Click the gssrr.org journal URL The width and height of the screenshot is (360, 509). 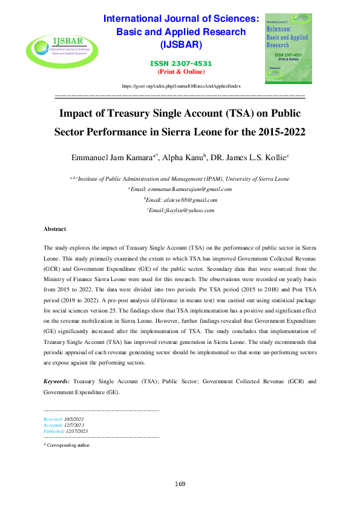click(182, 87)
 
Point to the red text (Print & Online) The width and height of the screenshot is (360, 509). click(181, 71)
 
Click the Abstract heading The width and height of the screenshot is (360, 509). click(54, 229)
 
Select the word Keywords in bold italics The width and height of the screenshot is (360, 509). click(56, 383)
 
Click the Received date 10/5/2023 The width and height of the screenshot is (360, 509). click(76, 418)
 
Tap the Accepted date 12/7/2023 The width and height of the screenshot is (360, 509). click(76, 424)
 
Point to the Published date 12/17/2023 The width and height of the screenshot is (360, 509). click(78, 430)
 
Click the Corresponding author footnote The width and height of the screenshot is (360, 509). click(68, 444)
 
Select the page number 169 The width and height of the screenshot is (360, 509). click(180, 484)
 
